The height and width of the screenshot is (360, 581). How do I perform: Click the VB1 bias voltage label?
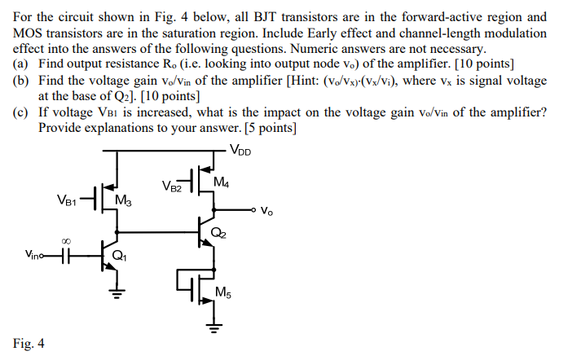69,199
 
